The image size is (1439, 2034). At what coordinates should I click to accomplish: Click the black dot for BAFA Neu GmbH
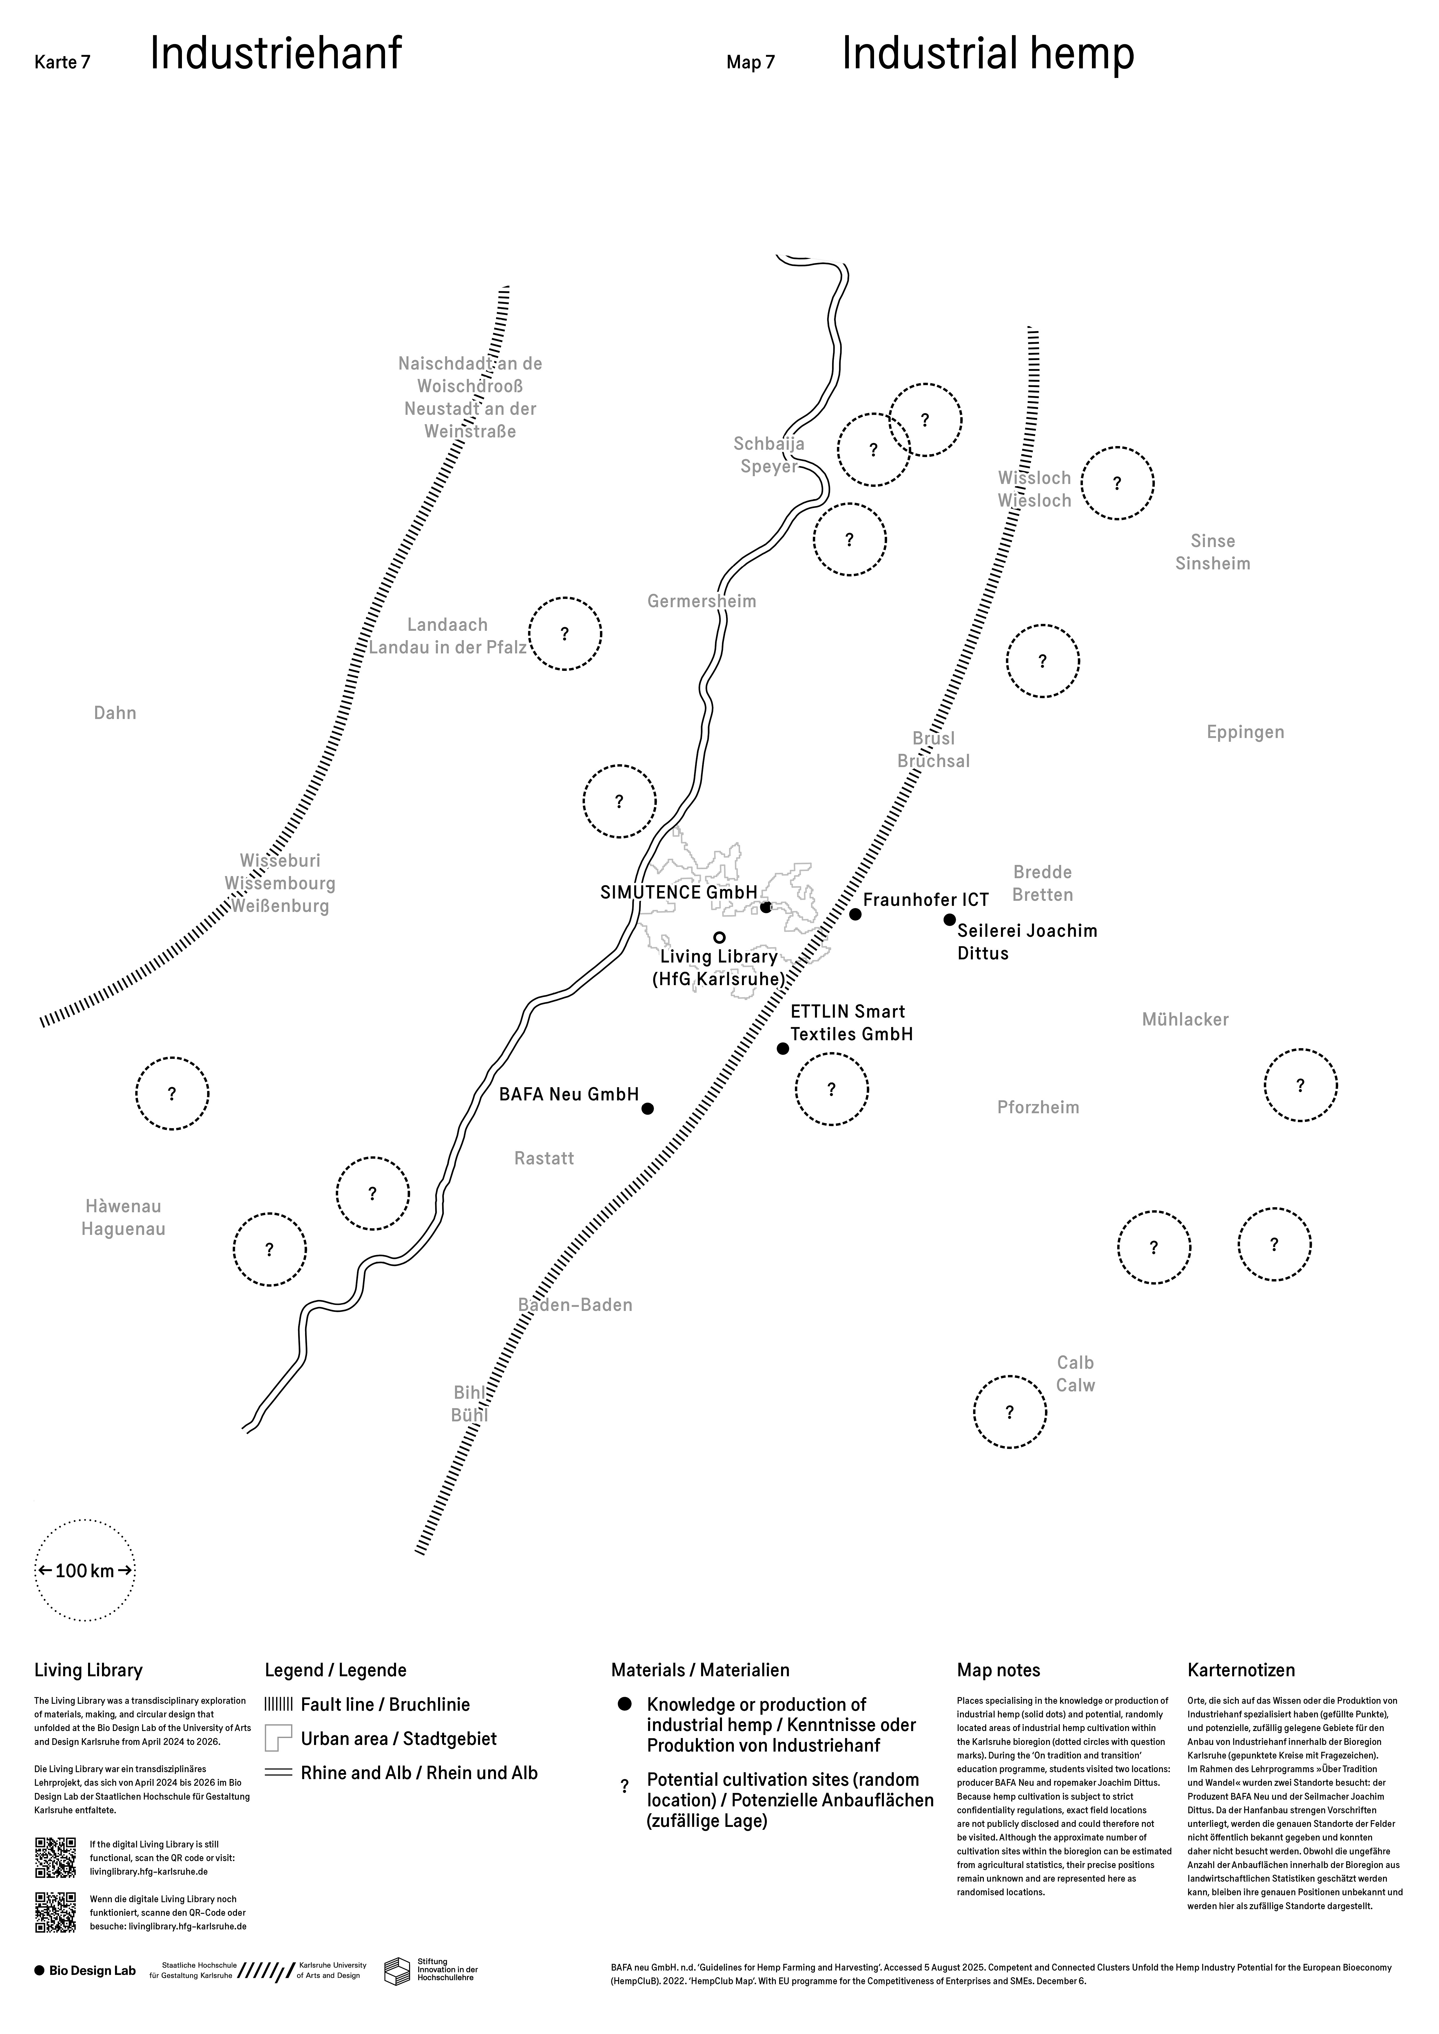648,1108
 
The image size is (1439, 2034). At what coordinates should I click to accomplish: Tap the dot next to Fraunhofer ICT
855,914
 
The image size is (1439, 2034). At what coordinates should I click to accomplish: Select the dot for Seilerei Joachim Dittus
950,920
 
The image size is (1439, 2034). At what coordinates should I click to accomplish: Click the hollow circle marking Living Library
720,937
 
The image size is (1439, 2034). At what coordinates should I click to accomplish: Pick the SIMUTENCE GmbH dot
766,907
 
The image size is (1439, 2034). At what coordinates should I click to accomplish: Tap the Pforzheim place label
1038,1107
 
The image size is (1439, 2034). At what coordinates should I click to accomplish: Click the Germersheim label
702,602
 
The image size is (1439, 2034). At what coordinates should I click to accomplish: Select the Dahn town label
115,713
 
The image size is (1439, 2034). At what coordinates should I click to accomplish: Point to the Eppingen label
1245,733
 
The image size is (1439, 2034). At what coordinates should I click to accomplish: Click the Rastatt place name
544,1159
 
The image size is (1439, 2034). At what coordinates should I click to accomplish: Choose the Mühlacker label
1185,1020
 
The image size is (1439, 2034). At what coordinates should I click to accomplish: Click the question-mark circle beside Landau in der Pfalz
565,634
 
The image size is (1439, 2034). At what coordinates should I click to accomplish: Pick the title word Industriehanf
276,54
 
